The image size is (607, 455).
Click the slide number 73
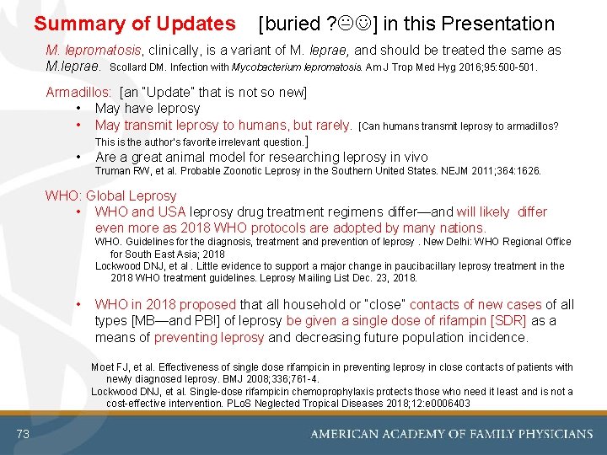click(x=23, y=434)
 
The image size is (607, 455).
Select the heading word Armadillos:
click(x=80, y=92)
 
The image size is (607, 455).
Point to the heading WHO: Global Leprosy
click(x=110, y=195)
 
